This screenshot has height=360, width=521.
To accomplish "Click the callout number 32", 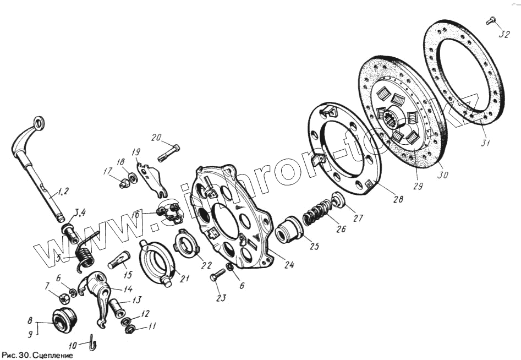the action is (x=504, y=34).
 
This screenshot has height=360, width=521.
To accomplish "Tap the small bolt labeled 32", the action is (x=491, y=21).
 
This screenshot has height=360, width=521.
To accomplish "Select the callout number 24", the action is (x=289, y=265).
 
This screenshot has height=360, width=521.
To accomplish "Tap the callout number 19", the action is (x=136, y=151).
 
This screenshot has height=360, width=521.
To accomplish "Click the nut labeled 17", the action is (x=124, y=184).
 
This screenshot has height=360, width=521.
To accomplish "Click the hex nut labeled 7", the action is (x=63, y=297).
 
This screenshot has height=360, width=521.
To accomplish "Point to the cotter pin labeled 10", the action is (x=92, y=344).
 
